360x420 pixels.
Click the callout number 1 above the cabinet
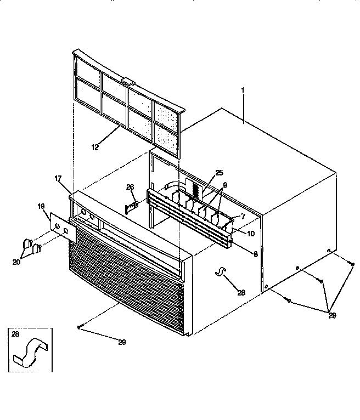(x=243, y=90)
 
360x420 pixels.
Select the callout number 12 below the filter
(x=95, y=147)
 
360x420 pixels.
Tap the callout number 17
(x=58, y=178)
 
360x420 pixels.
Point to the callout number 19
(x=41, y=207)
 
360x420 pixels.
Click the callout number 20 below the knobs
(x=16, y=262)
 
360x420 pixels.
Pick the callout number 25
(x=220, y=173)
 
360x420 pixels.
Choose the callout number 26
(x=130, y=187)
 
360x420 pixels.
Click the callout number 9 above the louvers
(x=225, y=185)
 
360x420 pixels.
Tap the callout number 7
(x=243, y=216)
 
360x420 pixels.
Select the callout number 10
(x=251, y=234)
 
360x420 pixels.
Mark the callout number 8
(x=256, y=254)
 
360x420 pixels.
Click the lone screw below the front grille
(x=80, y=327)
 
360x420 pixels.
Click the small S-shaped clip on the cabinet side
(x=221, y=271)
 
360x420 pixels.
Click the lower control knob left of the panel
(x=36, y=249)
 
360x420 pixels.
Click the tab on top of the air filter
(x=128, y=81)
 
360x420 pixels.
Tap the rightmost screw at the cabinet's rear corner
(x=352, y=264)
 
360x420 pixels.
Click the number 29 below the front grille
(x=122, y=342)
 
